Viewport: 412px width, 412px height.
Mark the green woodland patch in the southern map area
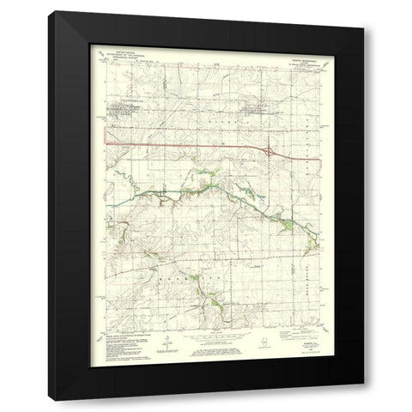(209, 301)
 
